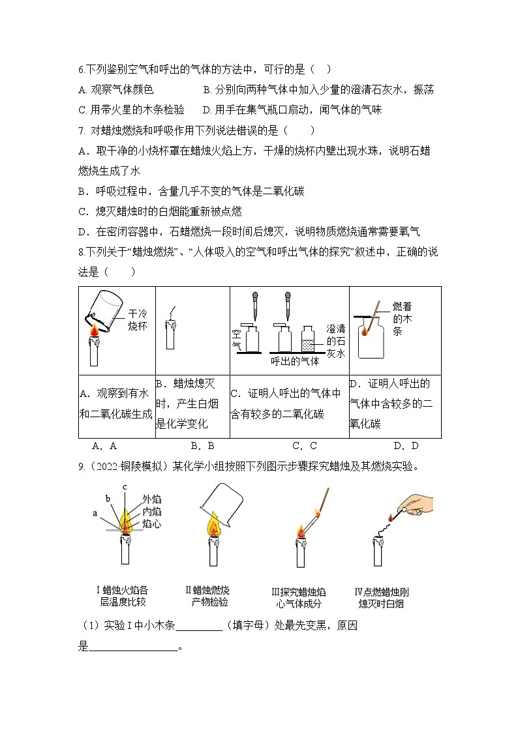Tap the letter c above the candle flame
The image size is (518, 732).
point(125,487)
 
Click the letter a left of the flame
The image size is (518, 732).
point(95,514)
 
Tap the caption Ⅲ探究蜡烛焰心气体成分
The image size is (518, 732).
point(298,598)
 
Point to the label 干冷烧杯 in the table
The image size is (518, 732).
point(138,319)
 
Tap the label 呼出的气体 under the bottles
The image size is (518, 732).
point(296,361)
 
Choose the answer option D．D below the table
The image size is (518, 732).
point(406,446)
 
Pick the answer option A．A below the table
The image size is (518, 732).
point(104,446)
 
